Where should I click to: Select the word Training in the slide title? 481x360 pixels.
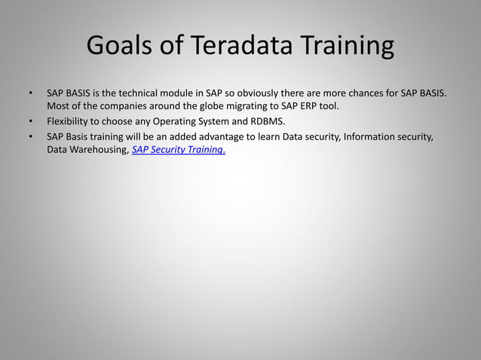[348, 47]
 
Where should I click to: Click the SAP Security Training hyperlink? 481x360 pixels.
[178, 150]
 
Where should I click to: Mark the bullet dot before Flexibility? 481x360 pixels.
[31, 121]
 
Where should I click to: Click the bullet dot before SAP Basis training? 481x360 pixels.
[31, 136]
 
